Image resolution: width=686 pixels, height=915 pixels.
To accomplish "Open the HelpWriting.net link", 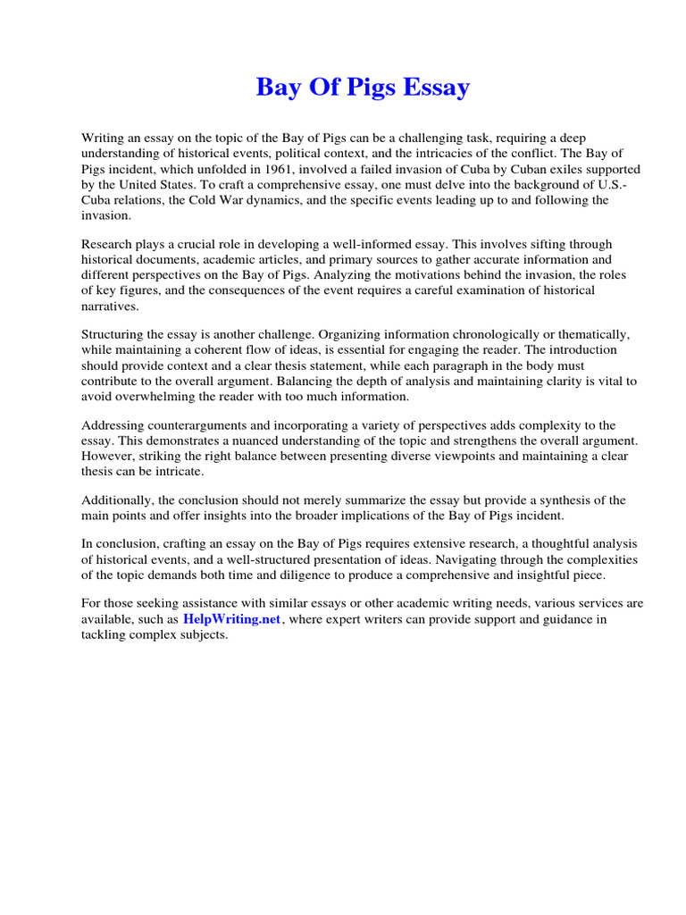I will pos(232,619).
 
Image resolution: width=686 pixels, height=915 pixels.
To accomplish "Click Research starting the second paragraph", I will pos(106,243).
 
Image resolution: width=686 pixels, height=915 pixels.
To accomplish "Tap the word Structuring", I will pos(115,333).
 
